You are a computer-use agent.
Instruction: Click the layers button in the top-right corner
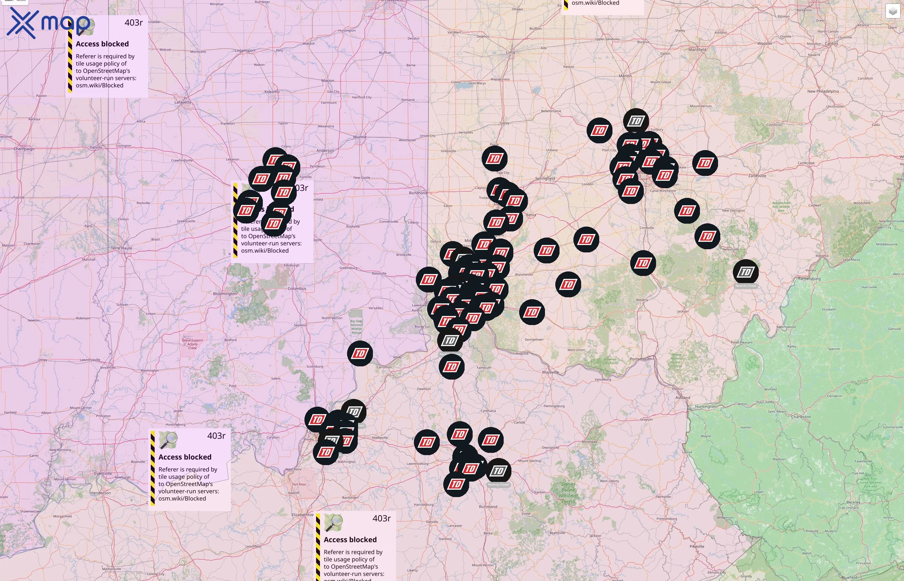click(892, 11)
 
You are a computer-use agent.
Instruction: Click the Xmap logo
click(48, 23)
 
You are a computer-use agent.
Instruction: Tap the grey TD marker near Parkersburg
click(745, 272)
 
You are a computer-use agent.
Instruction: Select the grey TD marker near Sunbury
click(636, 121)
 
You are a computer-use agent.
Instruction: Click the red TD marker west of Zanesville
click(705, 163)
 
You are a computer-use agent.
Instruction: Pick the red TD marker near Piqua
click(494, 159)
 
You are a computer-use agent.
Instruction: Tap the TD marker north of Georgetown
click(532, 312)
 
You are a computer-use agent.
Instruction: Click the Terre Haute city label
click(121, 248)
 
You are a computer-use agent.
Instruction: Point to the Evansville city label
click(103, 473)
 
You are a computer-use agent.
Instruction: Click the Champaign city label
click(24, 149)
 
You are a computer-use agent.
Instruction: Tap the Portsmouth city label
click(640, 359)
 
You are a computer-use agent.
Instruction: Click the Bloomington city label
click(225, 293)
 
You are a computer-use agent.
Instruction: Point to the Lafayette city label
click(183, 102)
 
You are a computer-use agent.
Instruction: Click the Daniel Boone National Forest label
click(568, 493)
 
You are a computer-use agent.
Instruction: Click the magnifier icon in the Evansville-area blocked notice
click(168, 440)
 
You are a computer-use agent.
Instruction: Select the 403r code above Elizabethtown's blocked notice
click(381, 518)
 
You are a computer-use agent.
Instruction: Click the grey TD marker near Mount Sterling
click(498, 471)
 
